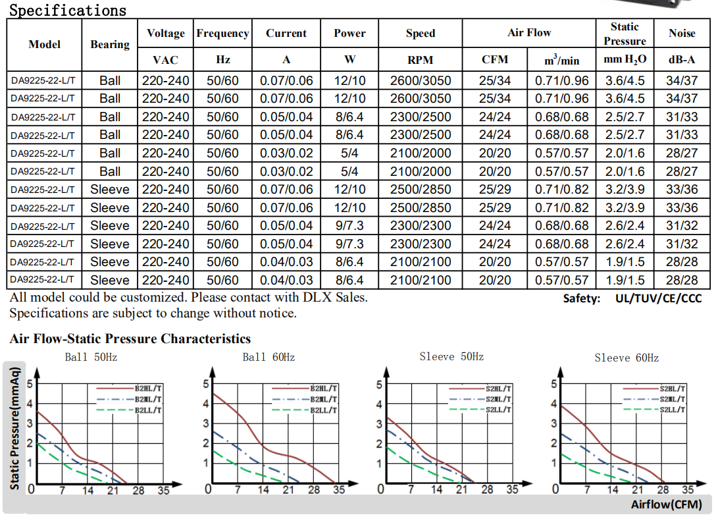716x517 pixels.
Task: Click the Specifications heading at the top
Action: [x=68, y=10]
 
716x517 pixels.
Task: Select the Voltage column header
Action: [x=165, y=33]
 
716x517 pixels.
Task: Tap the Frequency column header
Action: [x=222, y=33]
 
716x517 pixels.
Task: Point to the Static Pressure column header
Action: [x=624, y=34]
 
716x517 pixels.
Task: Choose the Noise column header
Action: [x=682, y=33]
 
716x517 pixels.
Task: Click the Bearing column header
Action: [x=110, y=44]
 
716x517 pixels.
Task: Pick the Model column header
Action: [x=45, y=44]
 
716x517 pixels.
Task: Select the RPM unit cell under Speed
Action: [x=420, y=60]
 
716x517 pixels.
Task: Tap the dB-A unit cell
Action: [x=682, y=60]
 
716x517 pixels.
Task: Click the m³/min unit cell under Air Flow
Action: [x=561, y=60]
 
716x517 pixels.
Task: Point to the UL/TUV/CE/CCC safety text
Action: [x=658, y=298]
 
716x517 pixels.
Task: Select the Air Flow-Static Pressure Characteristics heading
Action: [x=130, y=339]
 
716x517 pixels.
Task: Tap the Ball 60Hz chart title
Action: [x=268, y=358]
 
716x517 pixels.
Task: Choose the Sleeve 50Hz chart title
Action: [x=451, y=356]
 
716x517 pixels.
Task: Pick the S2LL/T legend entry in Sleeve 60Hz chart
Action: [x=673, y=410]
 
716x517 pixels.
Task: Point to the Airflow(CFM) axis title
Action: [x=665, y=504]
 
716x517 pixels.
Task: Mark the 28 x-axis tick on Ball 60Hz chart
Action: [x=314, y=489]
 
